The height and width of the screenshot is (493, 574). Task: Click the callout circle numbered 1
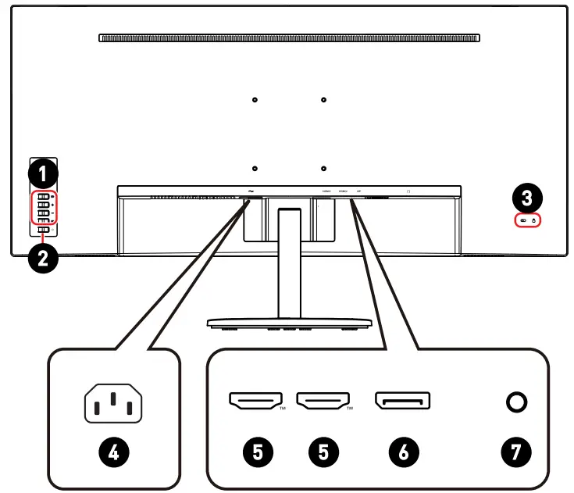coord(44,169)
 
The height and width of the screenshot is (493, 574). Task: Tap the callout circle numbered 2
coord(44,259)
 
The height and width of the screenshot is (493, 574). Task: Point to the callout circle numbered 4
coord(114,451)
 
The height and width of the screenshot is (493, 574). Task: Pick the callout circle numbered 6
coord(403,451)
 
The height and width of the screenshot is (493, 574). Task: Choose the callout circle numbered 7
coord(516,451)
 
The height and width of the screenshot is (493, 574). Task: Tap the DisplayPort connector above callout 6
coord(403,402)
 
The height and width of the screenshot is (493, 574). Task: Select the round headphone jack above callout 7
coord(516,402)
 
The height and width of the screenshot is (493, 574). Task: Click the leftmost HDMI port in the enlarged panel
coord(255,402)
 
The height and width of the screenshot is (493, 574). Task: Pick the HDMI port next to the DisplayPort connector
coord(324,402)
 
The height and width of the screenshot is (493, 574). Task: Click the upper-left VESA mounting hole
coord(256,99)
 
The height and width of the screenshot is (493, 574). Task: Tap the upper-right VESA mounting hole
coord(323,99)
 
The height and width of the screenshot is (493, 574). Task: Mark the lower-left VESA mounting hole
coord(256,167)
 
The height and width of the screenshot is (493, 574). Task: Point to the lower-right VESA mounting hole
coord(323,167)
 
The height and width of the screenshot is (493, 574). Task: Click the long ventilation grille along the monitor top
coord(289,37)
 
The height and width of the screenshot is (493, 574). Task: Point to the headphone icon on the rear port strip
coord(408,190)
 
